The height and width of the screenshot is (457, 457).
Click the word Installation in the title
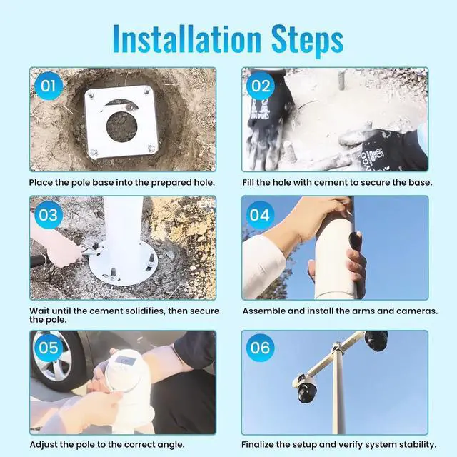coord(186,39)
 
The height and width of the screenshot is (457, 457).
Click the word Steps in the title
coord(307,41)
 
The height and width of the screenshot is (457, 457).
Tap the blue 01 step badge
coord(49,86)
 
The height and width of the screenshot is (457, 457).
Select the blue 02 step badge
coord(260,86)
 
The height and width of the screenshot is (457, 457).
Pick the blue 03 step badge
coord(49,215)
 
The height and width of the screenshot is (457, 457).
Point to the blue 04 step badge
coord(260,215)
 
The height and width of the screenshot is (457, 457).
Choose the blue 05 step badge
coord(49,348)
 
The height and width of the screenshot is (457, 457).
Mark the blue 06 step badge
coord(260,348)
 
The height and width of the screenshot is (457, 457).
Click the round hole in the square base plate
coord(121,126)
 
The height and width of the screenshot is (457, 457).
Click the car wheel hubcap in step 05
coord(52,358)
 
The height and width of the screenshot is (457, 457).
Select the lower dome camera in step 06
coord(306,388)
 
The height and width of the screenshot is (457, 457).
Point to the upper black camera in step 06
coord(376,341)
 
